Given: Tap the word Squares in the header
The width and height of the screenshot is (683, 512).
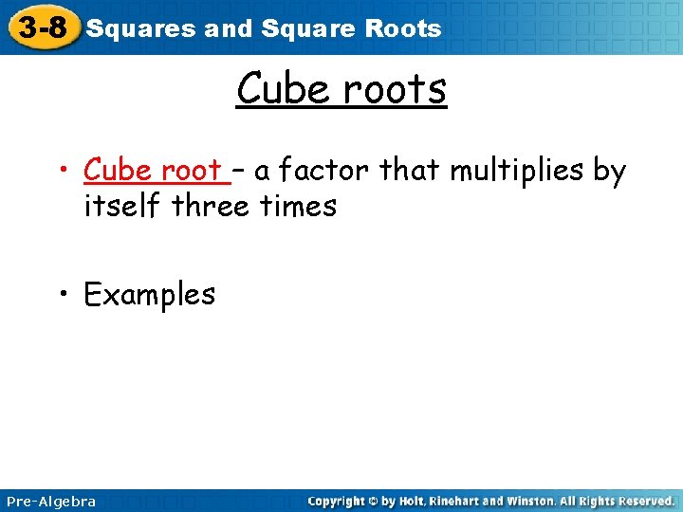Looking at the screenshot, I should (141, 28).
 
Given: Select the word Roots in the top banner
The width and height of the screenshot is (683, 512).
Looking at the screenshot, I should (405, 28).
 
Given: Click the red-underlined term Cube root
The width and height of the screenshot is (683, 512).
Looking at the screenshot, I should (152, 171).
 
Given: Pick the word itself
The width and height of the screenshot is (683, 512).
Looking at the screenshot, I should (122, 206).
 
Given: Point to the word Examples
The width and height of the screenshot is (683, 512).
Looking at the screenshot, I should (150, 295).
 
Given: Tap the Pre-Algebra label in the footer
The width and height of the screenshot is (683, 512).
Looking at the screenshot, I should (51, 501).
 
